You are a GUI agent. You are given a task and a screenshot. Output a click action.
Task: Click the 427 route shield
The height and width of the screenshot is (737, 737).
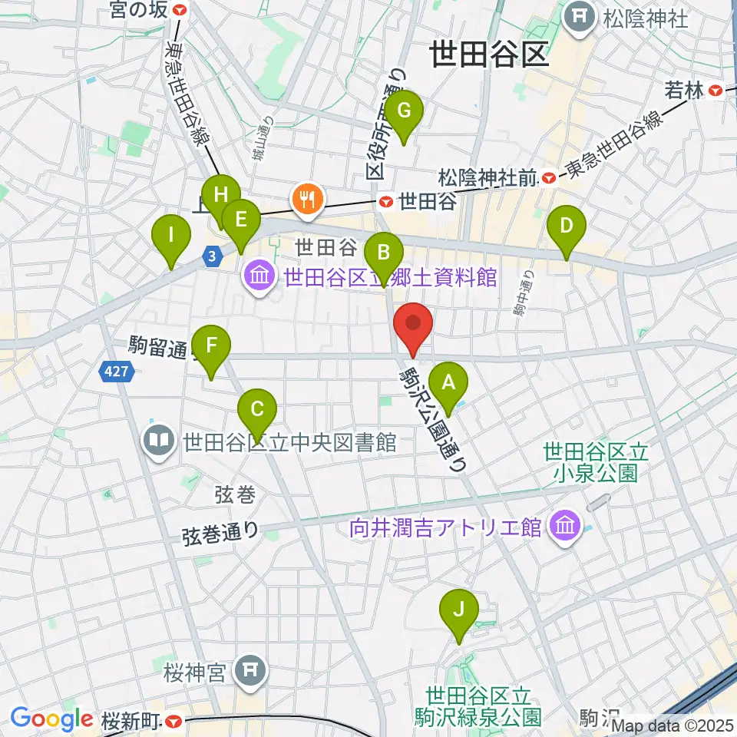pyautogui.click(x=117, y=372)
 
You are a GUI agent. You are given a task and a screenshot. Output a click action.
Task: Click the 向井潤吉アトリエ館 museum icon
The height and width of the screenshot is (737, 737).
pyautogui.click(x=566, y=527)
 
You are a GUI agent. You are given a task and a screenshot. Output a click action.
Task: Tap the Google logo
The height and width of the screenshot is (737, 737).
pyautogui.click(x=51, y=719)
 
